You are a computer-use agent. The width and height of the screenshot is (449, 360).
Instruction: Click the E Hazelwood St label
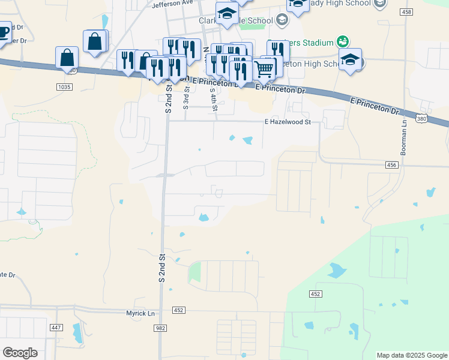288,122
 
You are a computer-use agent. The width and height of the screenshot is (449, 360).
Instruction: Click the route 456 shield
392,164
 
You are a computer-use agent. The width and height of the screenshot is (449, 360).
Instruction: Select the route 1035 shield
64,87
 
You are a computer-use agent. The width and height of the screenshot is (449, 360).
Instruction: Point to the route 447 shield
56,327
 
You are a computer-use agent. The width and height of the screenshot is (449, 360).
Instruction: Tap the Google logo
20,353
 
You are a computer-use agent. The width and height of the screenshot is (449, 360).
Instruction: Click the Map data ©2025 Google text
412,355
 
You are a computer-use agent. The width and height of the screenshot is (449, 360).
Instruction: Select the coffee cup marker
3,31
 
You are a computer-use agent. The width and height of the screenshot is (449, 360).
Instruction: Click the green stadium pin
342,41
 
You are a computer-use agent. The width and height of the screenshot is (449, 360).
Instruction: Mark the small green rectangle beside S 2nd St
194,273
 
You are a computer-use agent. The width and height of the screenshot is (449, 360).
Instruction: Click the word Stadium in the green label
318,43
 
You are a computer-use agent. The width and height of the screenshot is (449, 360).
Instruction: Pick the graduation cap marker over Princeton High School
350,60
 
